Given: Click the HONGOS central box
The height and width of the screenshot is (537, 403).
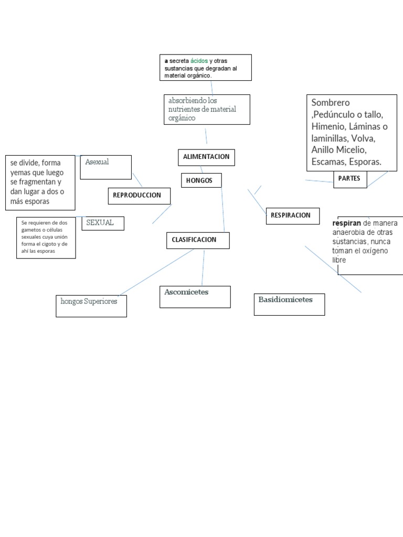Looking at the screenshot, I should [x=201, y=180].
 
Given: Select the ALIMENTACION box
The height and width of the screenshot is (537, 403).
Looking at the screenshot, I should [x=206, y=157].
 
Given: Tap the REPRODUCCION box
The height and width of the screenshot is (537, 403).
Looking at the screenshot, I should [x=139, y=195].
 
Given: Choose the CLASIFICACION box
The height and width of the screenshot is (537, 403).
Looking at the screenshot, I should [x=198, y=240].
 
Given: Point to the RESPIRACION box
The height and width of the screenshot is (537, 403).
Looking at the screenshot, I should [x=292, y=216].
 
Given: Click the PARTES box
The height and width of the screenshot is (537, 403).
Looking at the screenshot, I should [x=349, y=179].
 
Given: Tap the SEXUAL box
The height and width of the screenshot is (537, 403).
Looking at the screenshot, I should [x=105, y=223].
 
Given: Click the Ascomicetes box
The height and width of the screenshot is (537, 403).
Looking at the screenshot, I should [x=195, y=296].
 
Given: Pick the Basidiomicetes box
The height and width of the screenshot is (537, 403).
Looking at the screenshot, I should [x=289, y=304].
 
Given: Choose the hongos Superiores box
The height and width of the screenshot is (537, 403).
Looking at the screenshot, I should [x=91, y=306].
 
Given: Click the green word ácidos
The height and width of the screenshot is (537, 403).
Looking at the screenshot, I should [x=199, y=61].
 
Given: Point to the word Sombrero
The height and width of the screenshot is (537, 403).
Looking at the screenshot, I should [x=330, y=103].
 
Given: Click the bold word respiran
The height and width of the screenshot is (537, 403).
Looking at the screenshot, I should [x=346, y=223].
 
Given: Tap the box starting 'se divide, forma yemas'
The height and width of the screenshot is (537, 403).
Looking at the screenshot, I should [x=40, y=182].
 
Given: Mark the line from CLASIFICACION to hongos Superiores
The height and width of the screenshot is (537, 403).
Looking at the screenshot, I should [x=157, y=272].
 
